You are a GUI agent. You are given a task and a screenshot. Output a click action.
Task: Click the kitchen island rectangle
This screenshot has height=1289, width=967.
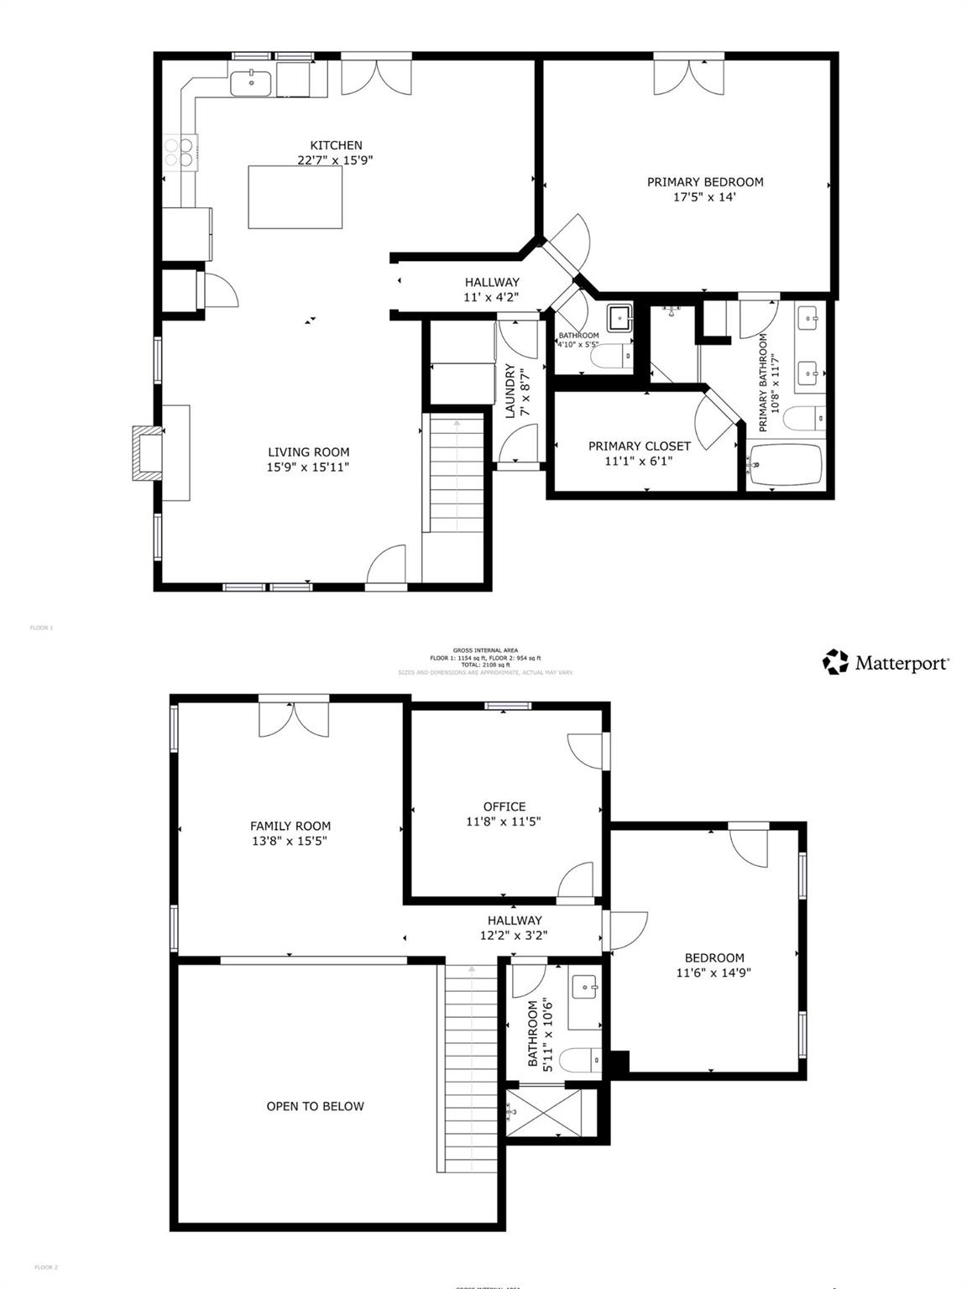(295, 197)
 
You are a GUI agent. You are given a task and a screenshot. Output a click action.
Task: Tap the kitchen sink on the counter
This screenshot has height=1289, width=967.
(250, 83)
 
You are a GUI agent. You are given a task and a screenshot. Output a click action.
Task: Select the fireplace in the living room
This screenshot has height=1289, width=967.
(149, 453)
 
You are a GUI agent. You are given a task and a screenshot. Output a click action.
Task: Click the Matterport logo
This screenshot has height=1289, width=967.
(886, 662)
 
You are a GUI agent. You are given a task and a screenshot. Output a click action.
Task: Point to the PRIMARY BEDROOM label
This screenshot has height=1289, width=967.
(704, 182)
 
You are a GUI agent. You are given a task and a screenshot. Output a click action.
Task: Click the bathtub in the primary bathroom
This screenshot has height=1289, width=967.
(785, 464)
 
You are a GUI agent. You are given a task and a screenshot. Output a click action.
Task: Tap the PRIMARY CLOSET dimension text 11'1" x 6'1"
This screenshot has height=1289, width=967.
(638, 461)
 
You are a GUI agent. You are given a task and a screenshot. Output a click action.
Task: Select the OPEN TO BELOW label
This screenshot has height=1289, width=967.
(315, 1106)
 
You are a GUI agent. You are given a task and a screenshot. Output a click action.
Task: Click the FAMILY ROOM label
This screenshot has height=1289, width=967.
(290, 826)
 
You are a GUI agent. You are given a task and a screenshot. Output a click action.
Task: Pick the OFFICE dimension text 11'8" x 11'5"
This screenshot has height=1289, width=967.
(504, 822)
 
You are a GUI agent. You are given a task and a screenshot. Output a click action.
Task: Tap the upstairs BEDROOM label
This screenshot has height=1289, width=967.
(714, 958)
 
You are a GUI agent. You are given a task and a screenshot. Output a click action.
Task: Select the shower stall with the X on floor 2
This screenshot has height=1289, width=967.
(546, 1112)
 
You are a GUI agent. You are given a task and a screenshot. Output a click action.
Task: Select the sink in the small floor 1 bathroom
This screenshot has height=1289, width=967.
(619, 318)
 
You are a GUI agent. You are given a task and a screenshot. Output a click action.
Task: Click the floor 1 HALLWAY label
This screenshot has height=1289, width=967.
(492, 282)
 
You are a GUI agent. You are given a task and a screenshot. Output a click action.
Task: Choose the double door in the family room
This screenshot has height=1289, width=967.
(293, 718)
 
